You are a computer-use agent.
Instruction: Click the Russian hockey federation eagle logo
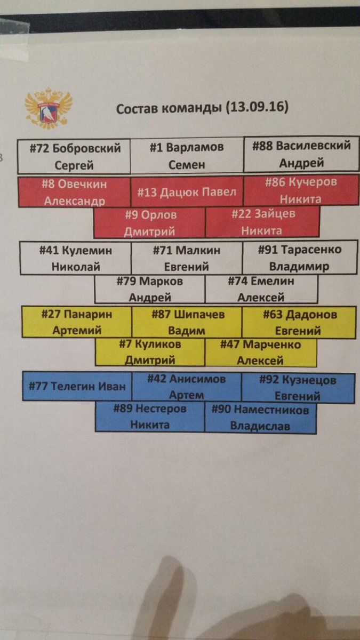pyautogui.click(x=49, y=108)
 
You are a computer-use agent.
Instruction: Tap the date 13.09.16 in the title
pyautogui.click(x=258, y=107)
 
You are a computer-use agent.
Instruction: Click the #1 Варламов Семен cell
pyautogui.click(x=187, y=156)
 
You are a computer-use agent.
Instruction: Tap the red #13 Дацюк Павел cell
pyautogui.click(x=187, y=192)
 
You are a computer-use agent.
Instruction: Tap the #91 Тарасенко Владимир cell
pyautogui.click(x=299, y=258)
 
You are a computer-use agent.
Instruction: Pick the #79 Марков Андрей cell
pyautogui.click(x=150, y=290)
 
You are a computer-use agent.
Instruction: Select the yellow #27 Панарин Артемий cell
pyautogui.click(x=77, y=322)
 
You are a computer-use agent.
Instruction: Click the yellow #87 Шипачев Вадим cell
pyautogui.click(x=187, y=322)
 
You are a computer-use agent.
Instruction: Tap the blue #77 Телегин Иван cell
pyautogui.click(x=77, y=386)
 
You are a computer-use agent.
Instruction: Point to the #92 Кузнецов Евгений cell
pyautogui.click(x=298, y=388)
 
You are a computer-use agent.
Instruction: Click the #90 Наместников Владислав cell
pyautogui.click(x=260, y=418)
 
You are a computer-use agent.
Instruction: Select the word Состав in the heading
pyautogui.click(x=136, y=108)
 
